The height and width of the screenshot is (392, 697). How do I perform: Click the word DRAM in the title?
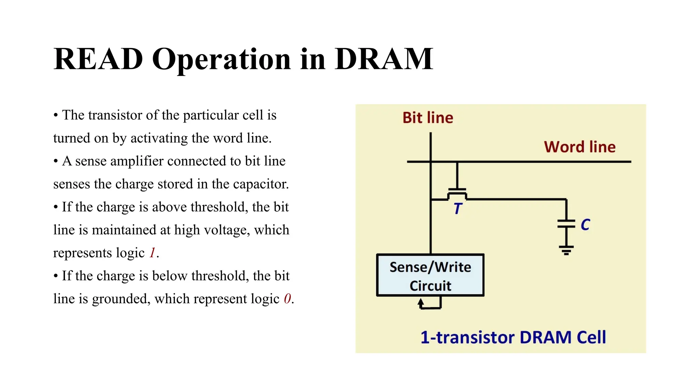click(384, 60)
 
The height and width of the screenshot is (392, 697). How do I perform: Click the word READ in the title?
click(98, 60)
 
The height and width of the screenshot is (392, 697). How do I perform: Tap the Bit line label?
click(427, 118)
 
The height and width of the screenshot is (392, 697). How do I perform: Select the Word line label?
click(580, 147)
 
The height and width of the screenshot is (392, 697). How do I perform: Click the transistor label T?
click(457, 208)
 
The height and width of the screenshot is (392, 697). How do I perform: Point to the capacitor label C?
click(585, 225)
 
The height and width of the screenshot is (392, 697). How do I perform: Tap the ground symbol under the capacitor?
click(566, 250)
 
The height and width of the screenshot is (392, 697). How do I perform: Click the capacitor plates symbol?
click(566, 224)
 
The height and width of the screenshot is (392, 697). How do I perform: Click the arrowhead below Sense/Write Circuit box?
click(421, 301)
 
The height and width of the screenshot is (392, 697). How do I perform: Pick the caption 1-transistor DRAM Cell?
click(513, 337)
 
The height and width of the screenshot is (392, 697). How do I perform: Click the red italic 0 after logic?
click(287, 299)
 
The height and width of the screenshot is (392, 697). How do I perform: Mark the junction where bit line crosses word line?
click(431, 162)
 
